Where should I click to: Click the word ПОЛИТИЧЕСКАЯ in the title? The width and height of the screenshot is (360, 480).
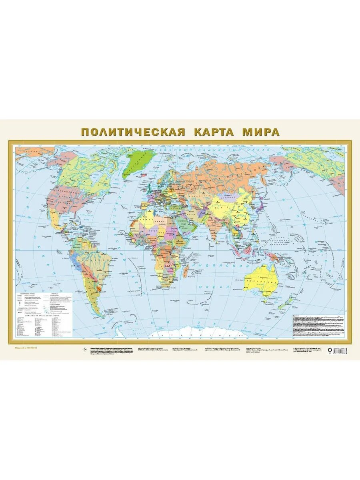[133, 132]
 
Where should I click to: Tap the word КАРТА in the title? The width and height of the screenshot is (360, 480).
[214, 132]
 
